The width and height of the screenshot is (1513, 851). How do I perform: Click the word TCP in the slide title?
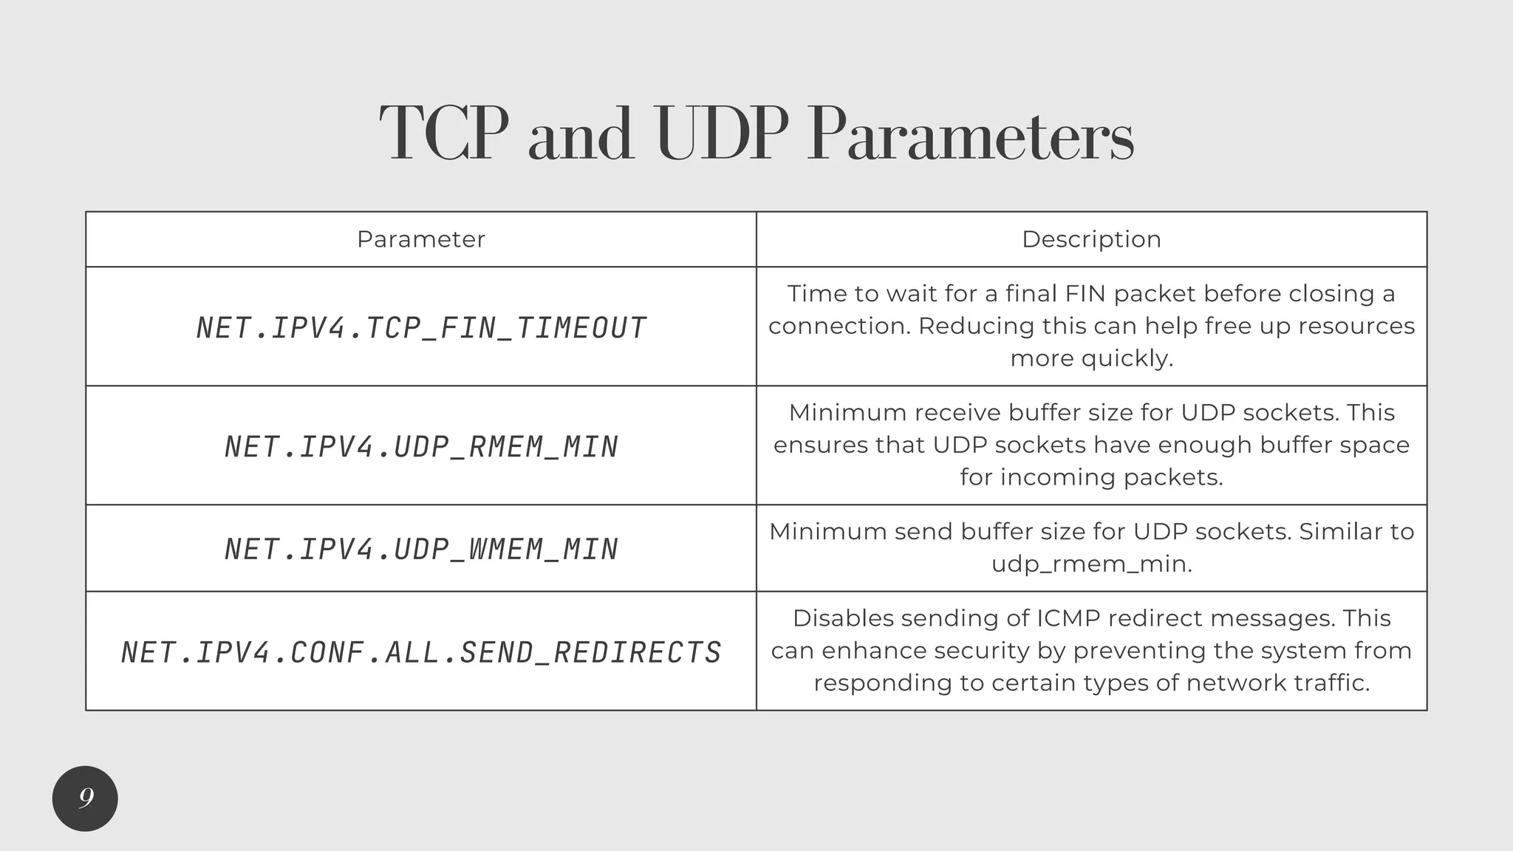pos(444,135)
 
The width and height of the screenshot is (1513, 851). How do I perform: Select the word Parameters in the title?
pos(970,135)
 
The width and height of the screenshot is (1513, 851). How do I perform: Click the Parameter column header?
pos(420,239)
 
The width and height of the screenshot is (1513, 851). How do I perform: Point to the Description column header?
pos(1091,239)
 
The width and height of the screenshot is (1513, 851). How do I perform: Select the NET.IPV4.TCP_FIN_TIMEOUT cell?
pos(421,328)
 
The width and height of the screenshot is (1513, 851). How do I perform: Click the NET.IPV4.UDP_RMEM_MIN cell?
pos(421,447)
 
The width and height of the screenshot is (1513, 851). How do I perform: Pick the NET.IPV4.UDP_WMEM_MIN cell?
pos(421,549)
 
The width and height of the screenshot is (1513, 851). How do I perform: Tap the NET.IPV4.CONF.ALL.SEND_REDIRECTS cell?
pos(421,652)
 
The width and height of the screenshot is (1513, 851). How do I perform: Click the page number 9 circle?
pos(85,799)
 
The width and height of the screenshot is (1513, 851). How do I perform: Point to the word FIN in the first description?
pos(1086,294)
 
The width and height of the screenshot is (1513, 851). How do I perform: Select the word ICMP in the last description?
pos(1068,618)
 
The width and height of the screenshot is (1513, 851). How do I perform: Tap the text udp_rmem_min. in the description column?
pos(1091,564)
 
